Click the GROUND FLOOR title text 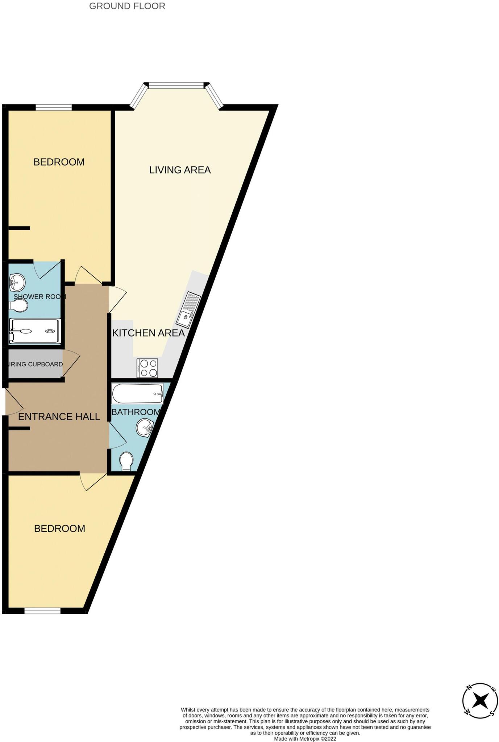coord(127,6)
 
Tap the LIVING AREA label coord(180,170)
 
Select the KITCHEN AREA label coord(148,333)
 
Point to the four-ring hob coord(147,368)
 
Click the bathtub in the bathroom coord(137,393)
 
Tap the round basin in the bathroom coord(145,428)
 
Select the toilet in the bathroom coord(126,461)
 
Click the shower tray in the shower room coord(35,331)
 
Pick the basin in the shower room coord(17,282)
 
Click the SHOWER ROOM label coord(39,297)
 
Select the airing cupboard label coord(35,364)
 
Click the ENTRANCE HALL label coord(59,417)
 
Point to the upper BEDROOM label coord(59,162)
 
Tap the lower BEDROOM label coord(59,529)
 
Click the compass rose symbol coord(480,701)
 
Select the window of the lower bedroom coord(42,611)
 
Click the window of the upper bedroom coord(53,107)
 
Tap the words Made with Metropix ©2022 coord(305,739)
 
